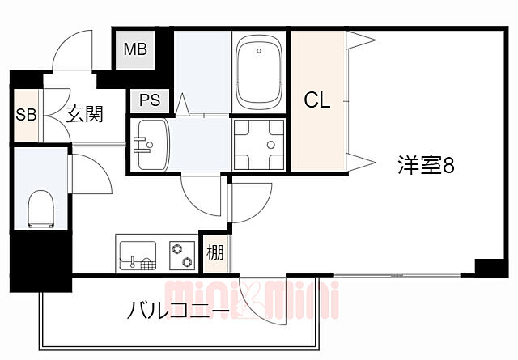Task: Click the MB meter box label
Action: tap(135, 49)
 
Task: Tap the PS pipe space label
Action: tap(150, 100)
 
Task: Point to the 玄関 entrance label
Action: tap(84, 114)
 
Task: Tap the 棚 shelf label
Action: tap(214, 253)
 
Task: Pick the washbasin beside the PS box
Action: tap(151, 145)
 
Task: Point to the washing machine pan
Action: tap(261, 145)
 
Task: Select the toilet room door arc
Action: tap(91, 172)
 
